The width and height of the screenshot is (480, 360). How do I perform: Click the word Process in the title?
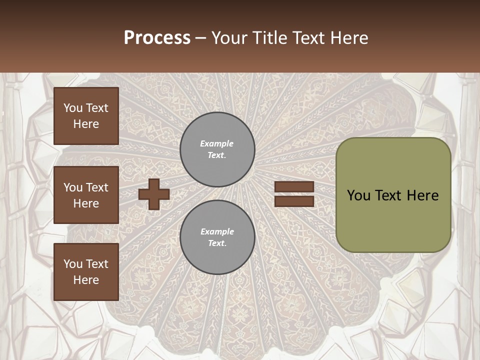157,38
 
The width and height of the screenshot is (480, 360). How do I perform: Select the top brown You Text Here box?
86,116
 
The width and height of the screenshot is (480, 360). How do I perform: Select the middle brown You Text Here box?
86,195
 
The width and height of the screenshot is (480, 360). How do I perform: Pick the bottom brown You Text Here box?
86,272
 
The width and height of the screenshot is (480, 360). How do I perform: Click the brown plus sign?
154,194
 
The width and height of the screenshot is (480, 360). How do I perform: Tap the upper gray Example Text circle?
217,149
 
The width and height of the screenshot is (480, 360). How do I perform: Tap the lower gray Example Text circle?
217,237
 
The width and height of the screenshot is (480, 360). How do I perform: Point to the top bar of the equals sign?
294,187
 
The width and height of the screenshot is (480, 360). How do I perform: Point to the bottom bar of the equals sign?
294,201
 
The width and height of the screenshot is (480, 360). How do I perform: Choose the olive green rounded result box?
393,195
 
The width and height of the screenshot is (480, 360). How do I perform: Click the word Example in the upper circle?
217,143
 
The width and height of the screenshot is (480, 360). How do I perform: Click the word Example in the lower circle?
217,231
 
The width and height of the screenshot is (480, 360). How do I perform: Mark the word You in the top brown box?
72,108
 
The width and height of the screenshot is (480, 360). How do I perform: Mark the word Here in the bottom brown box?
86,280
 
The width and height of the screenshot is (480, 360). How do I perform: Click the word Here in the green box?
422,195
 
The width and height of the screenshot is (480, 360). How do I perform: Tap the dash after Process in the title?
200,38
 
